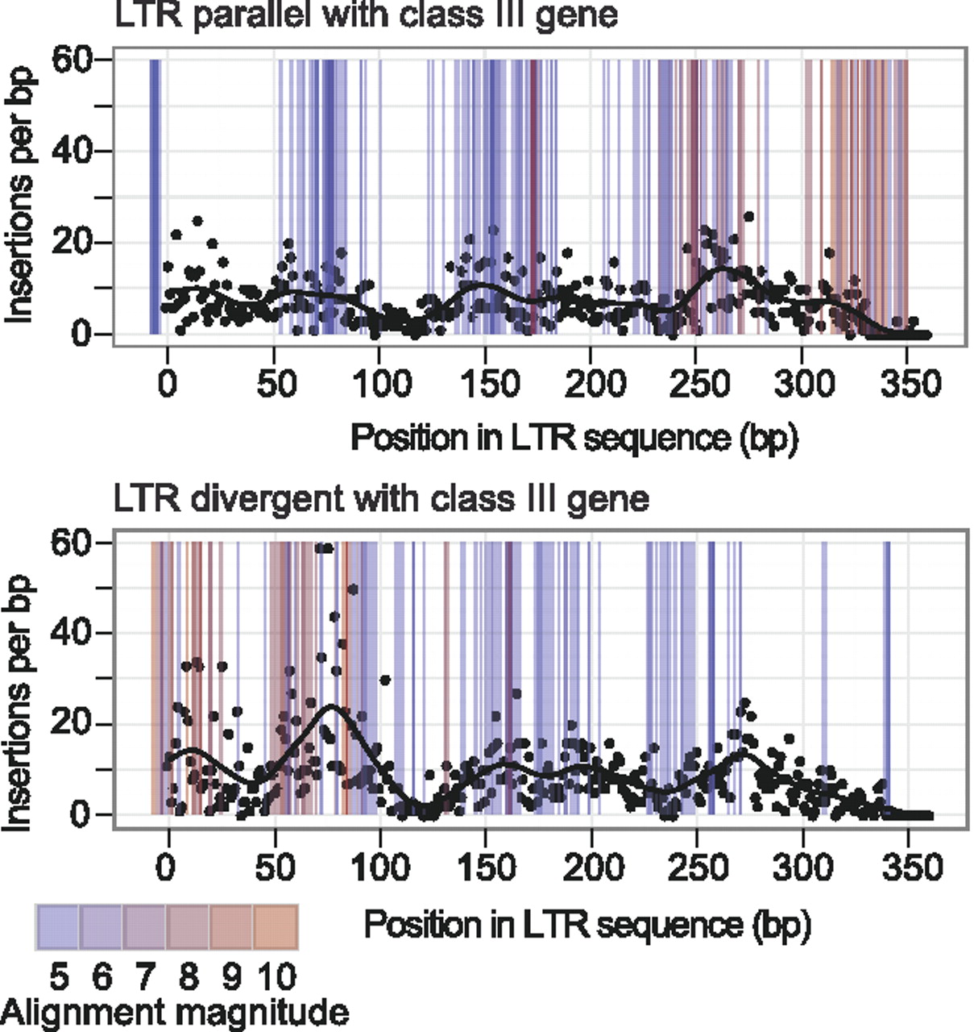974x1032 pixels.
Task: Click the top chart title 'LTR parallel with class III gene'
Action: coord(366,16)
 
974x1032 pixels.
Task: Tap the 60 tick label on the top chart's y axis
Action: coord(71,60)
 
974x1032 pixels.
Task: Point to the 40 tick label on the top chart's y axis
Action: coord(71,151)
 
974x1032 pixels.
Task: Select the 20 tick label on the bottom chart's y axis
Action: coord(71,724)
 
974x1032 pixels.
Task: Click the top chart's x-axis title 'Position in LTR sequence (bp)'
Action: coord(574,438)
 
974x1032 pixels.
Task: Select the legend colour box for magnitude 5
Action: coord(57,927)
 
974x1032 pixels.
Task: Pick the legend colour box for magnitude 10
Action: coord(276,927)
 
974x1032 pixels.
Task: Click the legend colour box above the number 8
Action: coord(189,927)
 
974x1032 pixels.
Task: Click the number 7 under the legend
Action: coord(145,976)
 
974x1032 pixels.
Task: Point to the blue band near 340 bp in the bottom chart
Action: coord(887,677)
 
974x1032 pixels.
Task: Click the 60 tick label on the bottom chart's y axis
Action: coord(71,543)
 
